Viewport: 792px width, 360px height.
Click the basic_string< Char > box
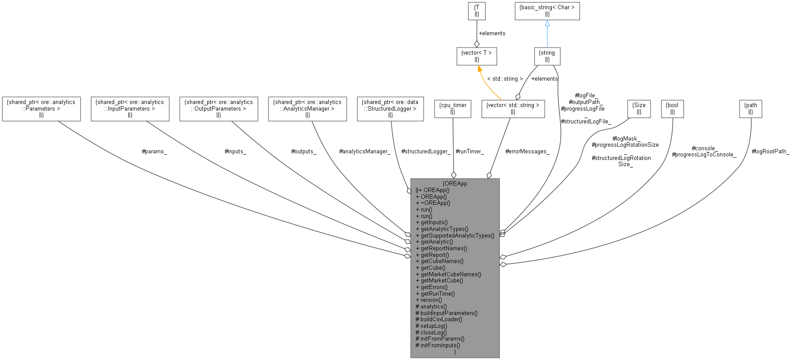[x=547, y=11]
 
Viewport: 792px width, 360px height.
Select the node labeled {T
[x=476, y=11]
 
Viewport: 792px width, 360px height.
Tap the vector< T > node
[x=476, y=56]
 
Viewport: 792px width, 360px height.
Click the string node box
[x=547, y=56]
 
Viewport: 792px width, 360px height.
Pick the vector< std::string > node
[x=513, y=108]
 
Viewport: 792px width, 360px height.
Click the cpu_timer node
[x=453, y=108]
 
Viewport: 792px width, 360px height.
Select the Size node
[x=639, y=108]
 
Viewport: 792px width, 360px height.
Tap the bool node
[x=672, y=108]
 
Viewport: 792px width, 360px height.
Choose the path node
[x=751, y=108]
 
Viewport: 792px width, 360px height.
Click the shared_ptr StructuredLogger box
[x=390, y=108]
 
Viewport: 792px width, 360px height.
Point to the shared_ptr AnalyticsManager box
[x=307, y=108]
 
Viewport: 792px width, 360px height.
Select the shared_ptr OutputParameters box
[x=219, y=108]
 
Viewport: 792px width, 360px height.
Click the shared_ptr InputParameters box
[x=130, y=108]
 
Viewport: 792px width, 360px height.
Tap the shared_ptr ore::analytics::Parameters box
[x=41, y=108]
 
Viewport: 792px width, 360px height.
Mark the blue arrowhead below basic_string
[x=547, y=23]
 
